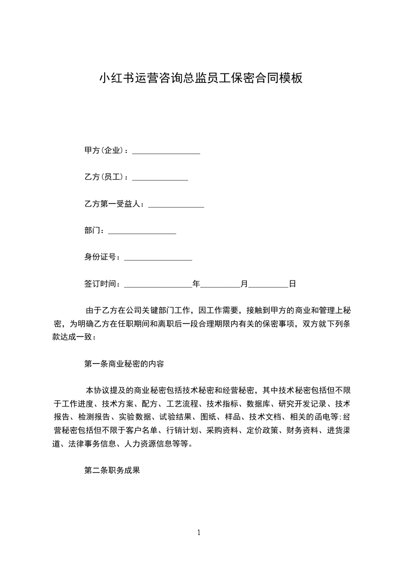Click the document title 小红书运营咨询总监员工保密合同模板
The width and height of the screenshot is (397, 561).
201,78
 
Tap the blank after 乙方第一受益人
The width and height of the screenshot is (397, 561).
176,205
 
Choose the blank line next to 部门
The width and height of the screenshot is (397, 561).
142,231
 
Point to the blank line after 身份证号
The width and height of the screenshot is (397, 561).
158,258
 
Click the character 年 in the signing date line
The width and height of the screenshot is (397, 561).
196,284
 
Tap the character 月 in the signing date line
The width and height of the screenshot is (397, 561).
244,284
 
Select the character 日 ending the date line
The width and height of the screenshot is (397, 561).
292,284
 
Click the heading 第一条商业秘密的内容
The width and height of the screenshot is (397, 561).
124,364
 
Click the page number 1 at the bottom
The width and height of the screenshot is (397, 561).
199,532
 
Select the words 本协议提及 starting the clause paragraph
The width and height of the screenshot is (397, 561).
106,390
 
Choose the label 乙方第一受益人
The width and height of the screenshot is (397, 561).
113,204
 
